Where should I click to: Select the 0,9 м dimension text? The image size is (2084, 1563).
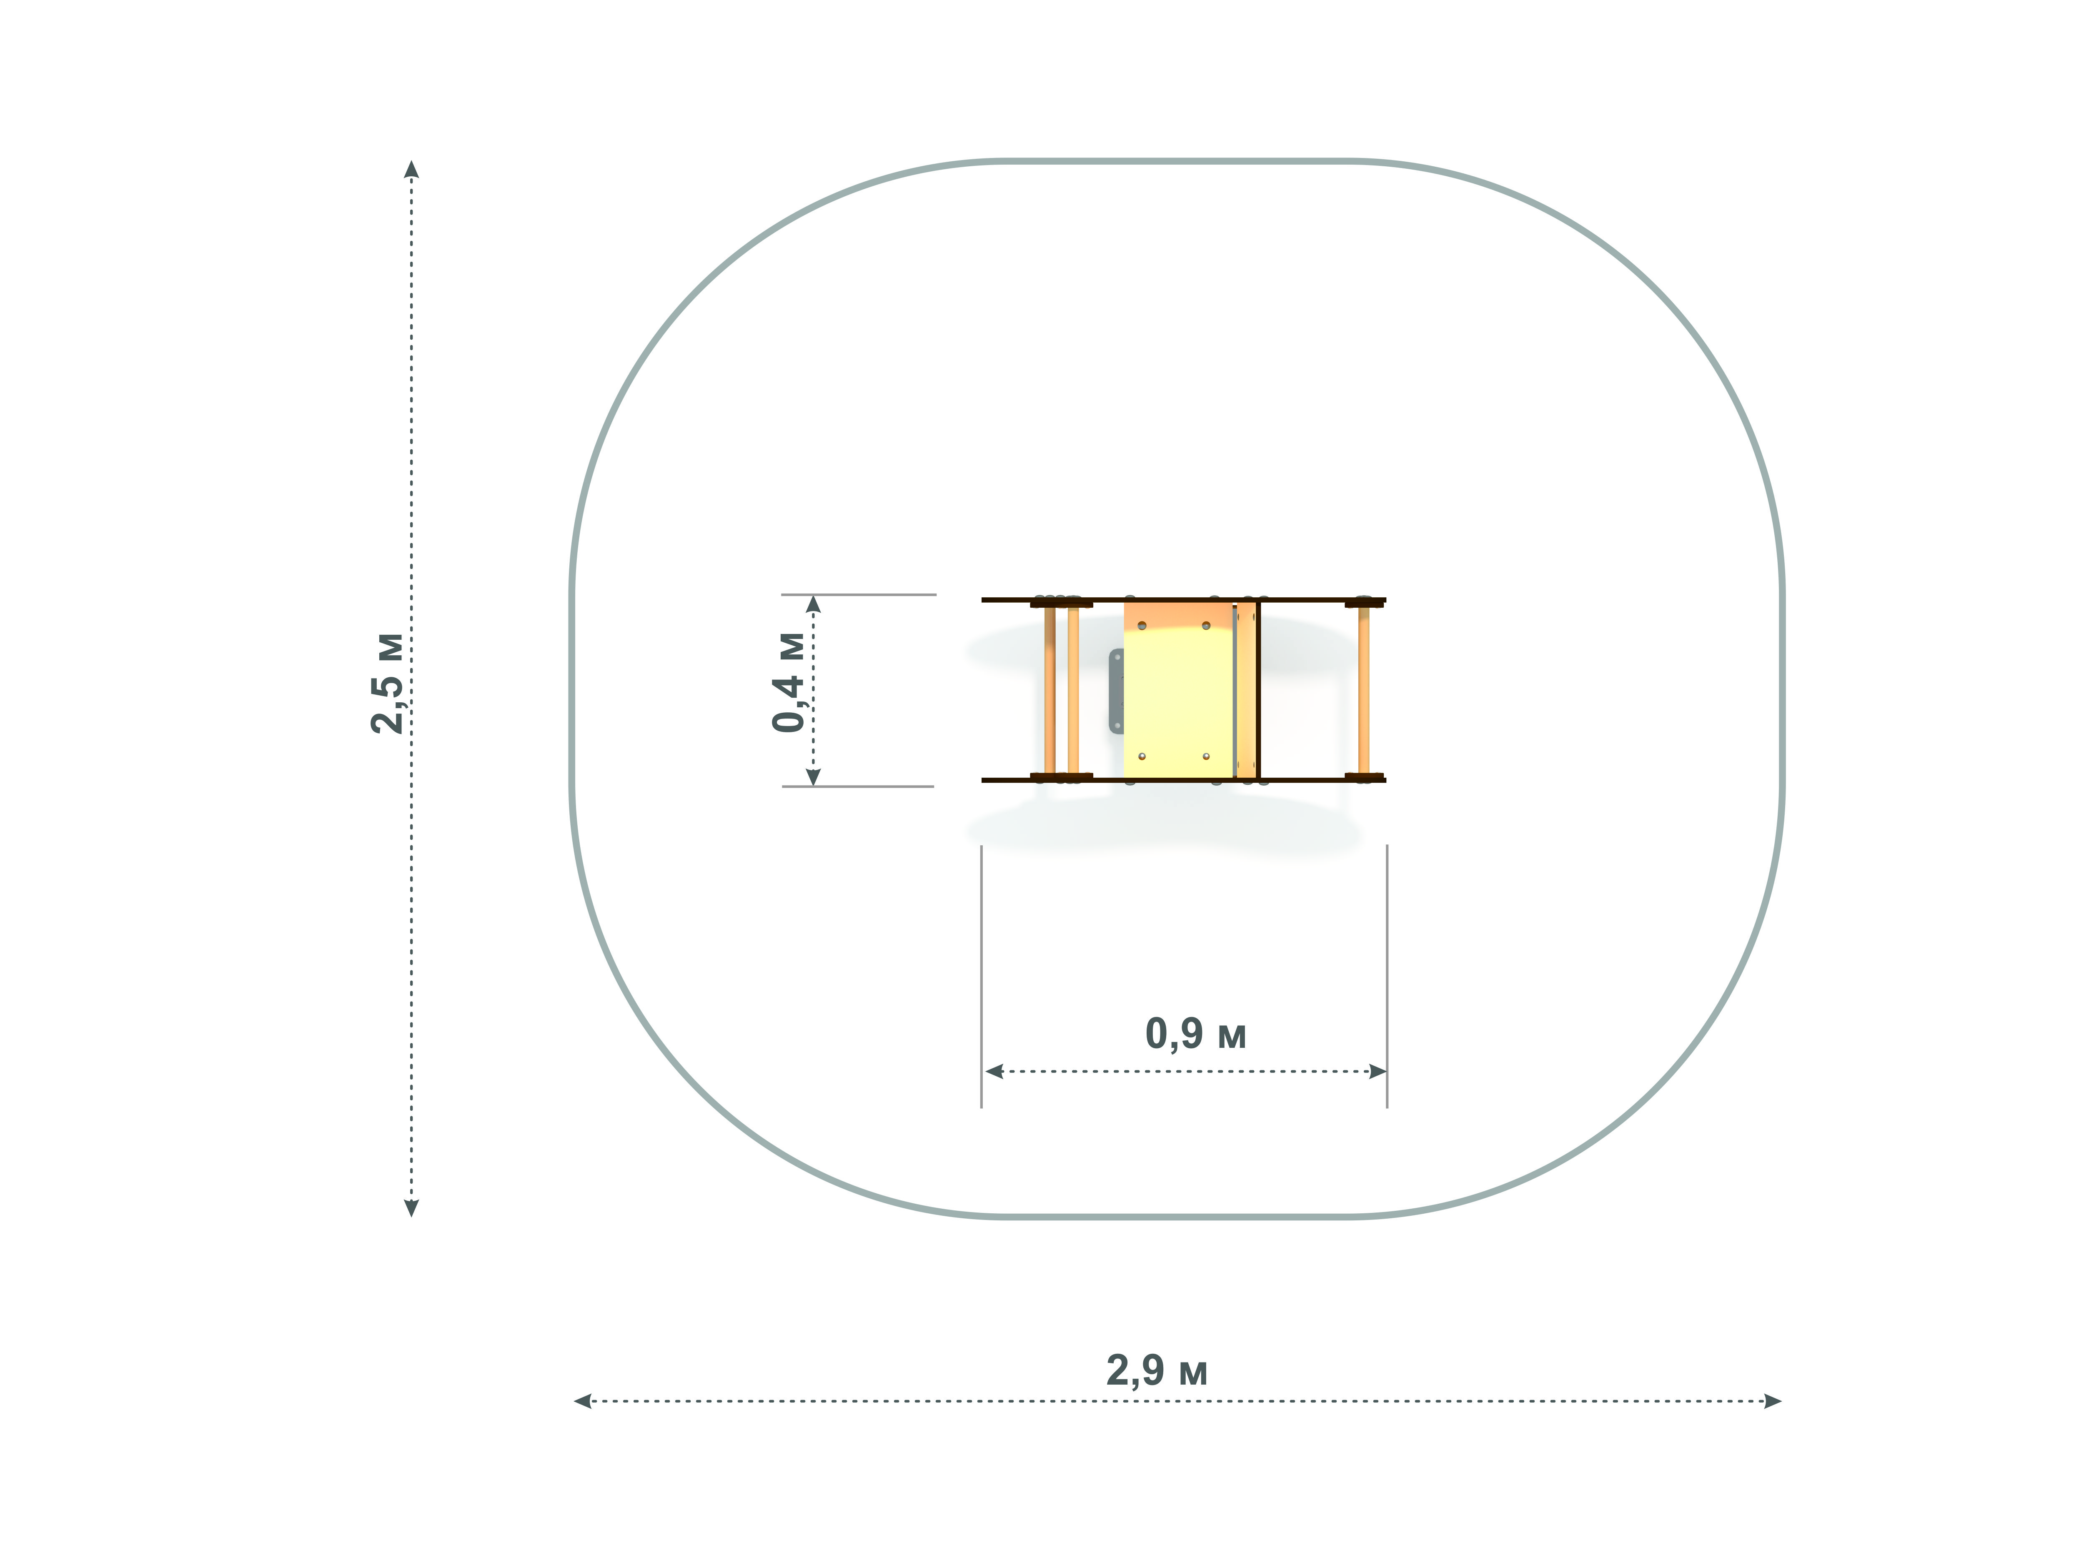point(1195,1034)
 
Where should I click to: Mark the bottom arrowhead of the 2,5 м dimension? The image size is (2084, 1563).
point(411,1208)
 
